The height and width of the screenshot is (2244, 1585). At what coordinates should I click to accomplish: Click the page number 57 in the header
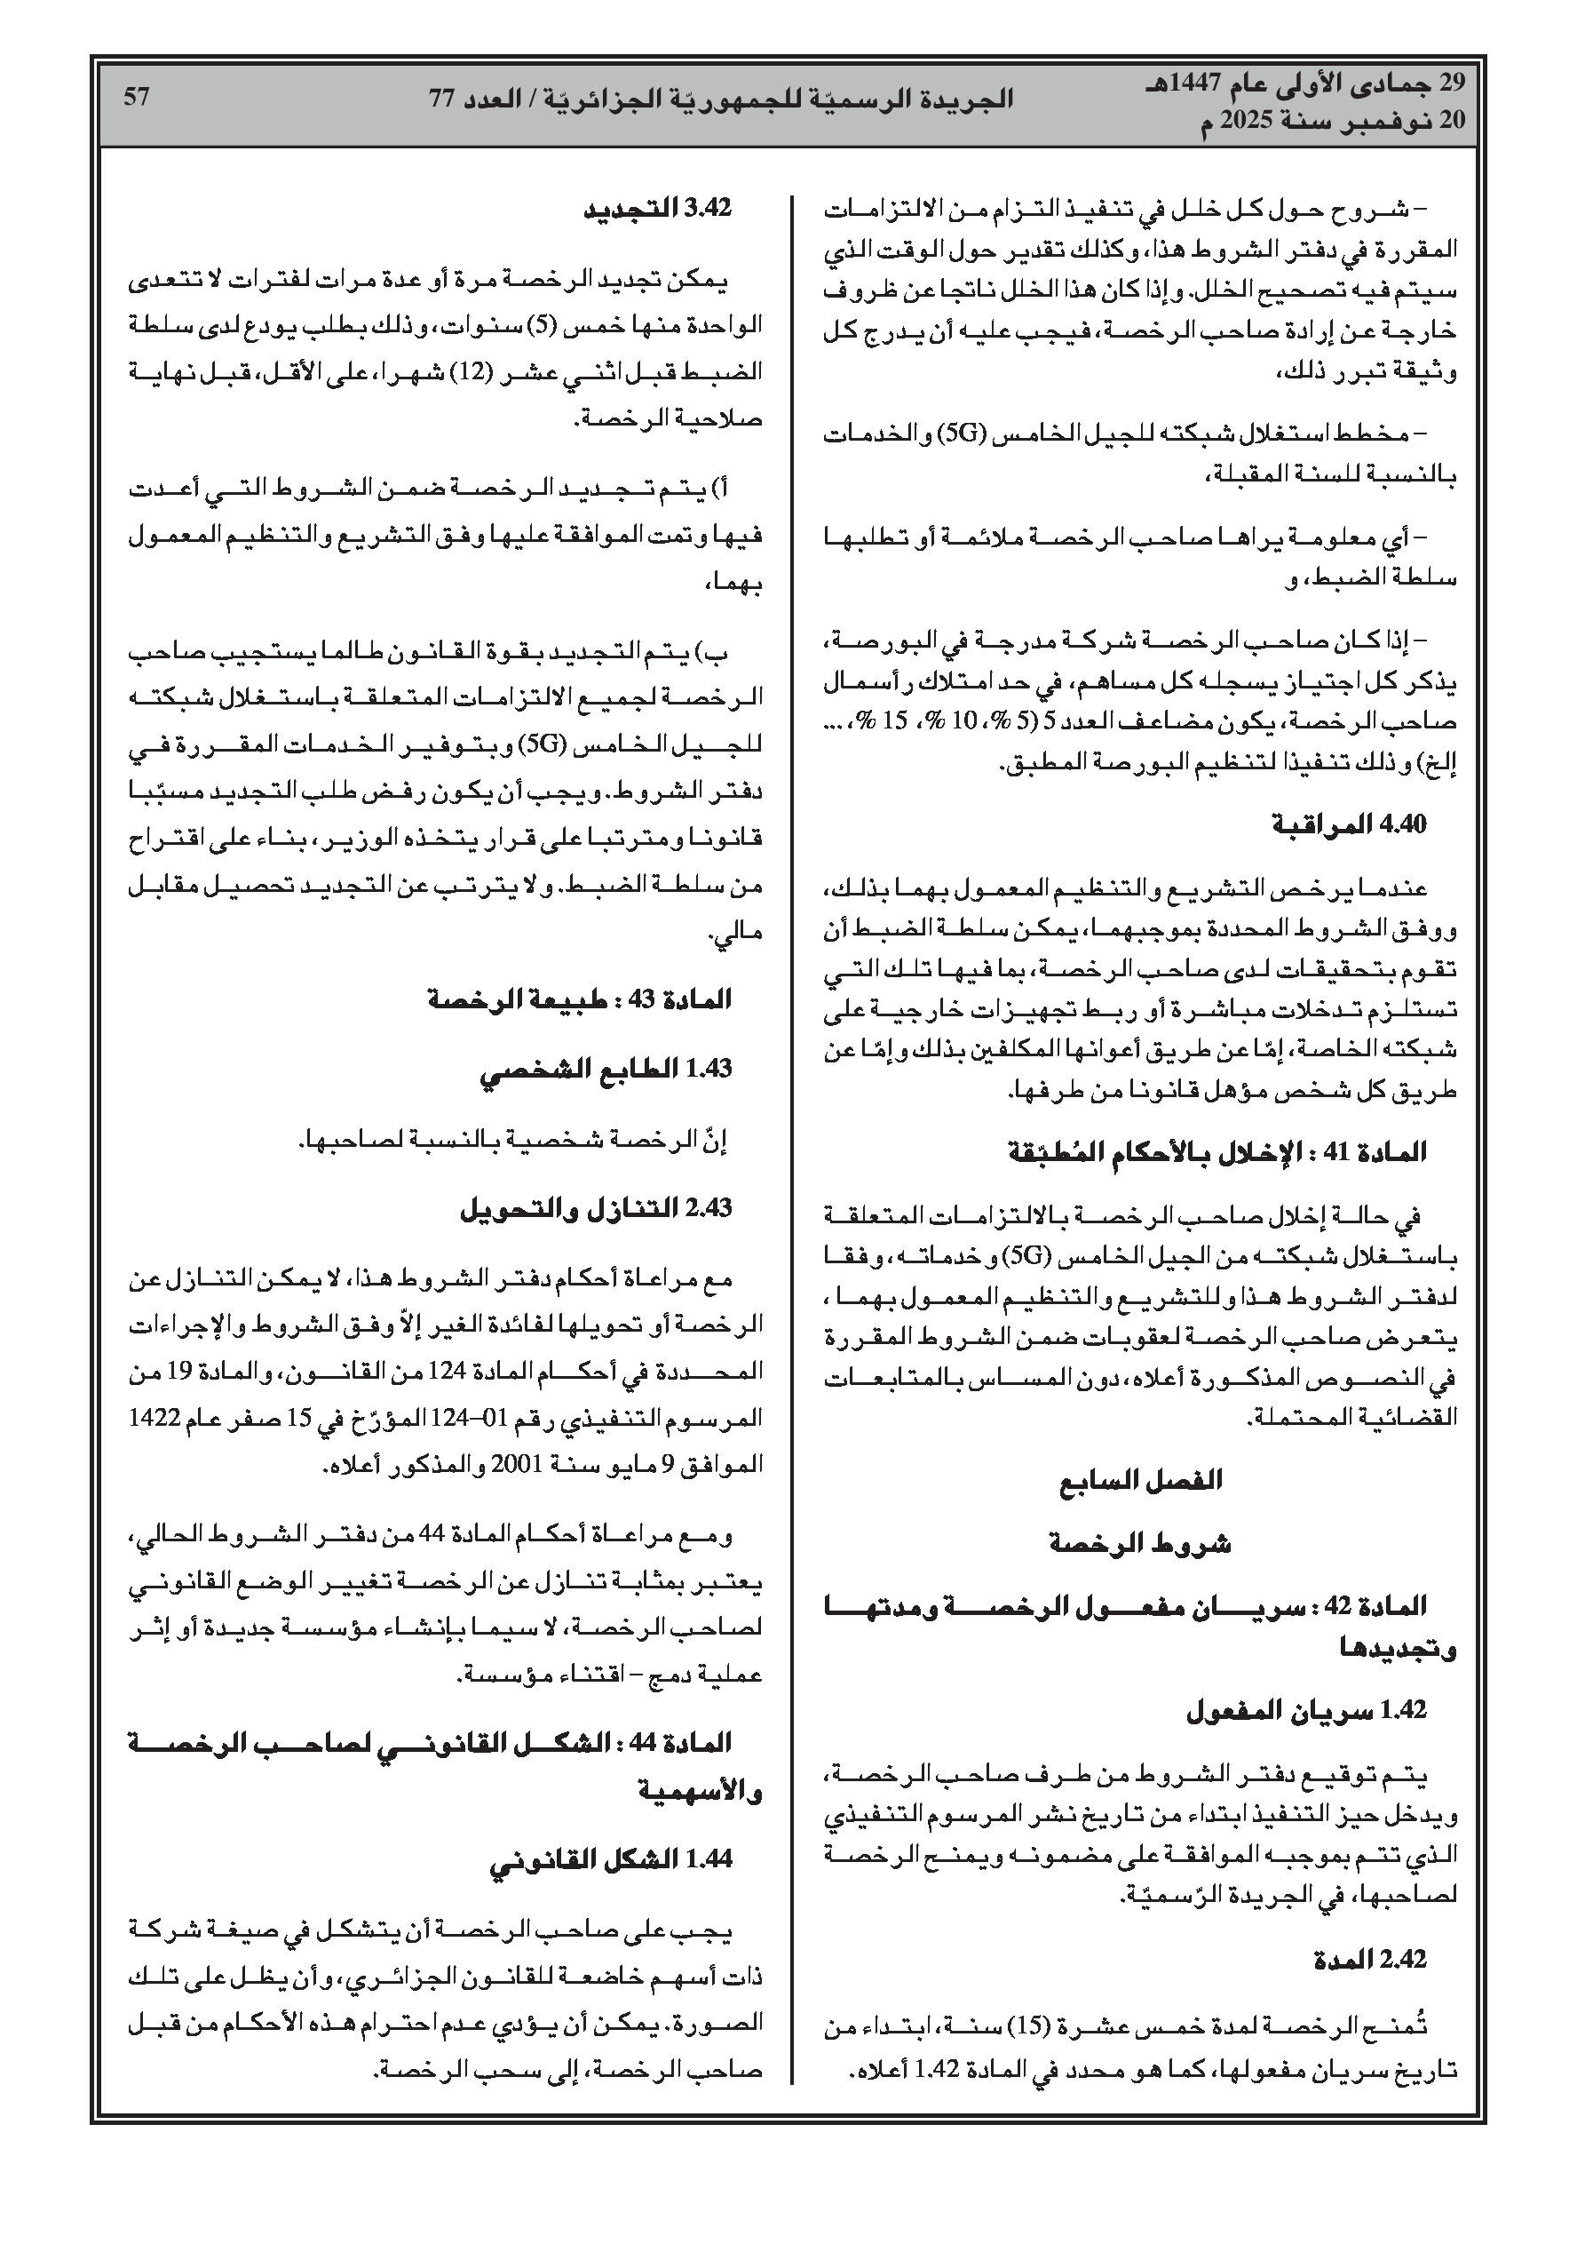point(136,97)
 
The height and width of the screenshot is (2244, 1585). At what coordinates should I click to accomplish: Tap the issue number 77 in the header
point(445,99)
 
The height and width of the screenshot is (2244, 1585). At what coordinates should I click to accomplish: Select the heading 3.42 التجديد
point(658,211)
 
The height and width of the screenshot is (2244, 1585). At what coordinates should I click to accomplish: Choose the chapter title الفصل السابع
point(1139,1481)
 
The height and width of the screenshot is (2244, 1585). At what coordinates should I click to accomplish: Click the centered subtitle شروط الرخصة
point(1139,1544)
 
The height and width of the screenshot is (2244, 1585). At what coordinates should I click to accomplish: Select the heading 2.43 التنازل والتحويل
point(596,1208)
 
